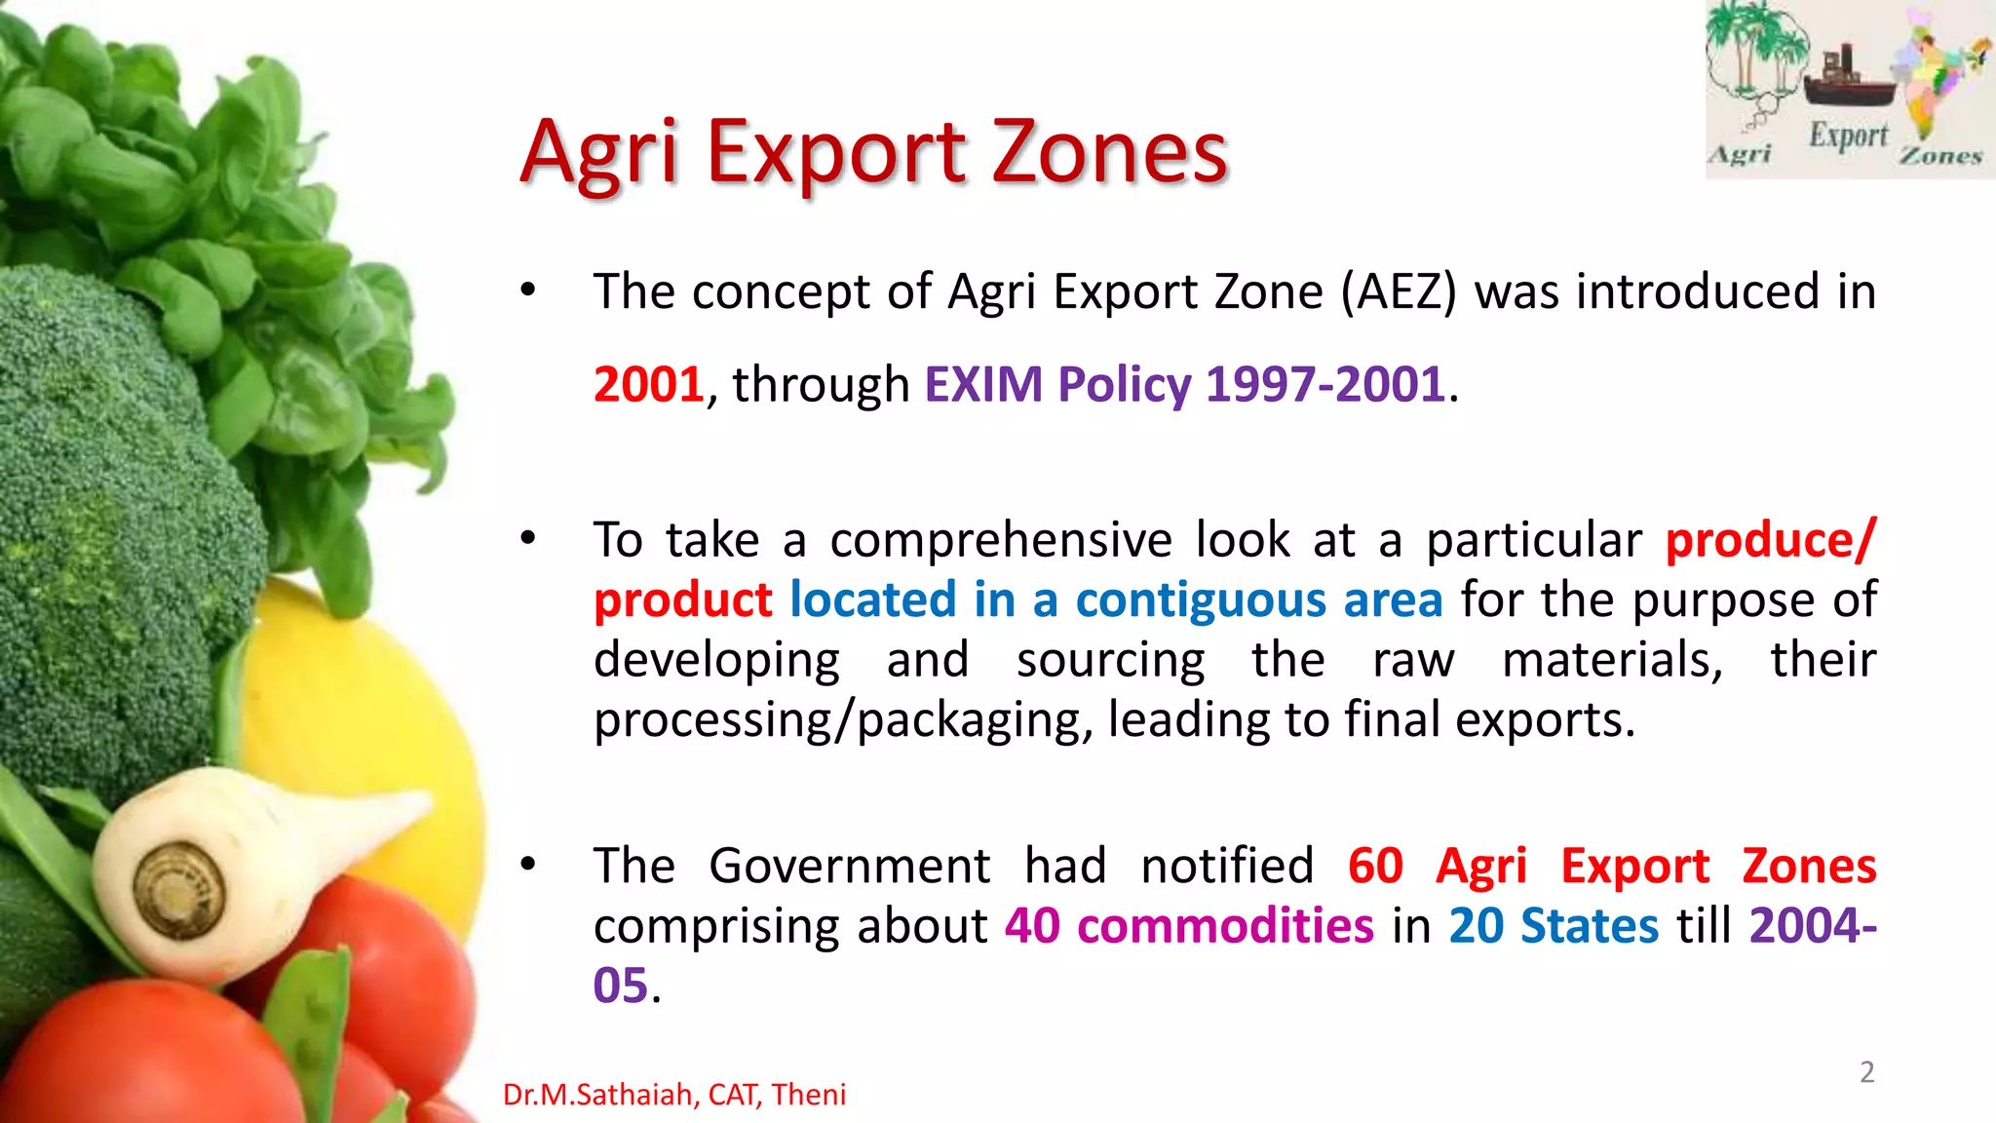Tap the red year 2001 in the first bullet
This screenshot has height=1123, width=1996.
pos(648,384)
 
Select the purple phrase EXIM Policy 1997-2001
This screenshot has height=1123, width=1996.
pos(1183,384)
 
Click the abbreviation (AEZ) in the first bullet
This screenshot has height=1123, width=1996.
pos(1398,292)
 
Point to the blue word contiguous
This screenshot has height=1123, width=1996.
pos(1200,600)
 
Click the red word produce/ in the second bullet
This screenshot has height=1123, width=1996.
pos(1769,540)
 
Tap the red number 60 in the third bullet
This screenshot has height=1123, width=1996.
pos(1375,866)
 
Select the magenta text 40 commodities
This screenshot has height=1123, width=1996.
pos(1189,926)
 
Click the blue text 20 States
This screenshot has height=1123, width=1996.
pos(1553,926)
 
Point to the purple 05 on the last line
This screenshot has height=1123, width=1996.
pos(621,987)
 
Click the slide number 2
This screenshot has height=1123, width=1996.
pos(1866,1072)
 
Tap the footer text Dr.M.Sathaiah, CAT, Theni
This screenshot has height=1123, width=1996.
pos(673,1095)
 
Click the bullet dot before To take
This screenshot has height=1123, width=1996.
pos(528,539)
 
